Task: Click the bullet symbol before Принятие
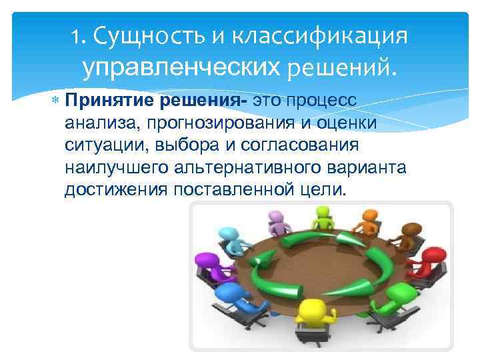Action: pyautogui.click(x=55, y=101)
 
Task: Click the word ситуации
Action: pyautogui.click(x=99, y=145)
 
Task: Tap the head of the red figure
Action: pyautogui.click(x=435, y=255)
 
